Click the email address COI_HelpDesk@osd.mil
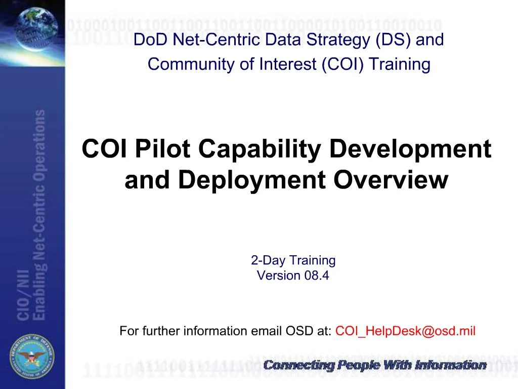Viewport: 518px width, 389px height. point(405,331)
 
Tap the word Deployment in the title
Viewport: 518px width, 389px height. point(251,180)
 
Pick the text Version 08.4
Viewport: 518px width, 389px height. point(293,276)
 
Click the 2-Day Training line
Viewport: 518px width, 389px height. point(293,261)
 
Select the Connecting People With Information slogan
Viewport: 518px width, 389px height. point(375,365)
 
